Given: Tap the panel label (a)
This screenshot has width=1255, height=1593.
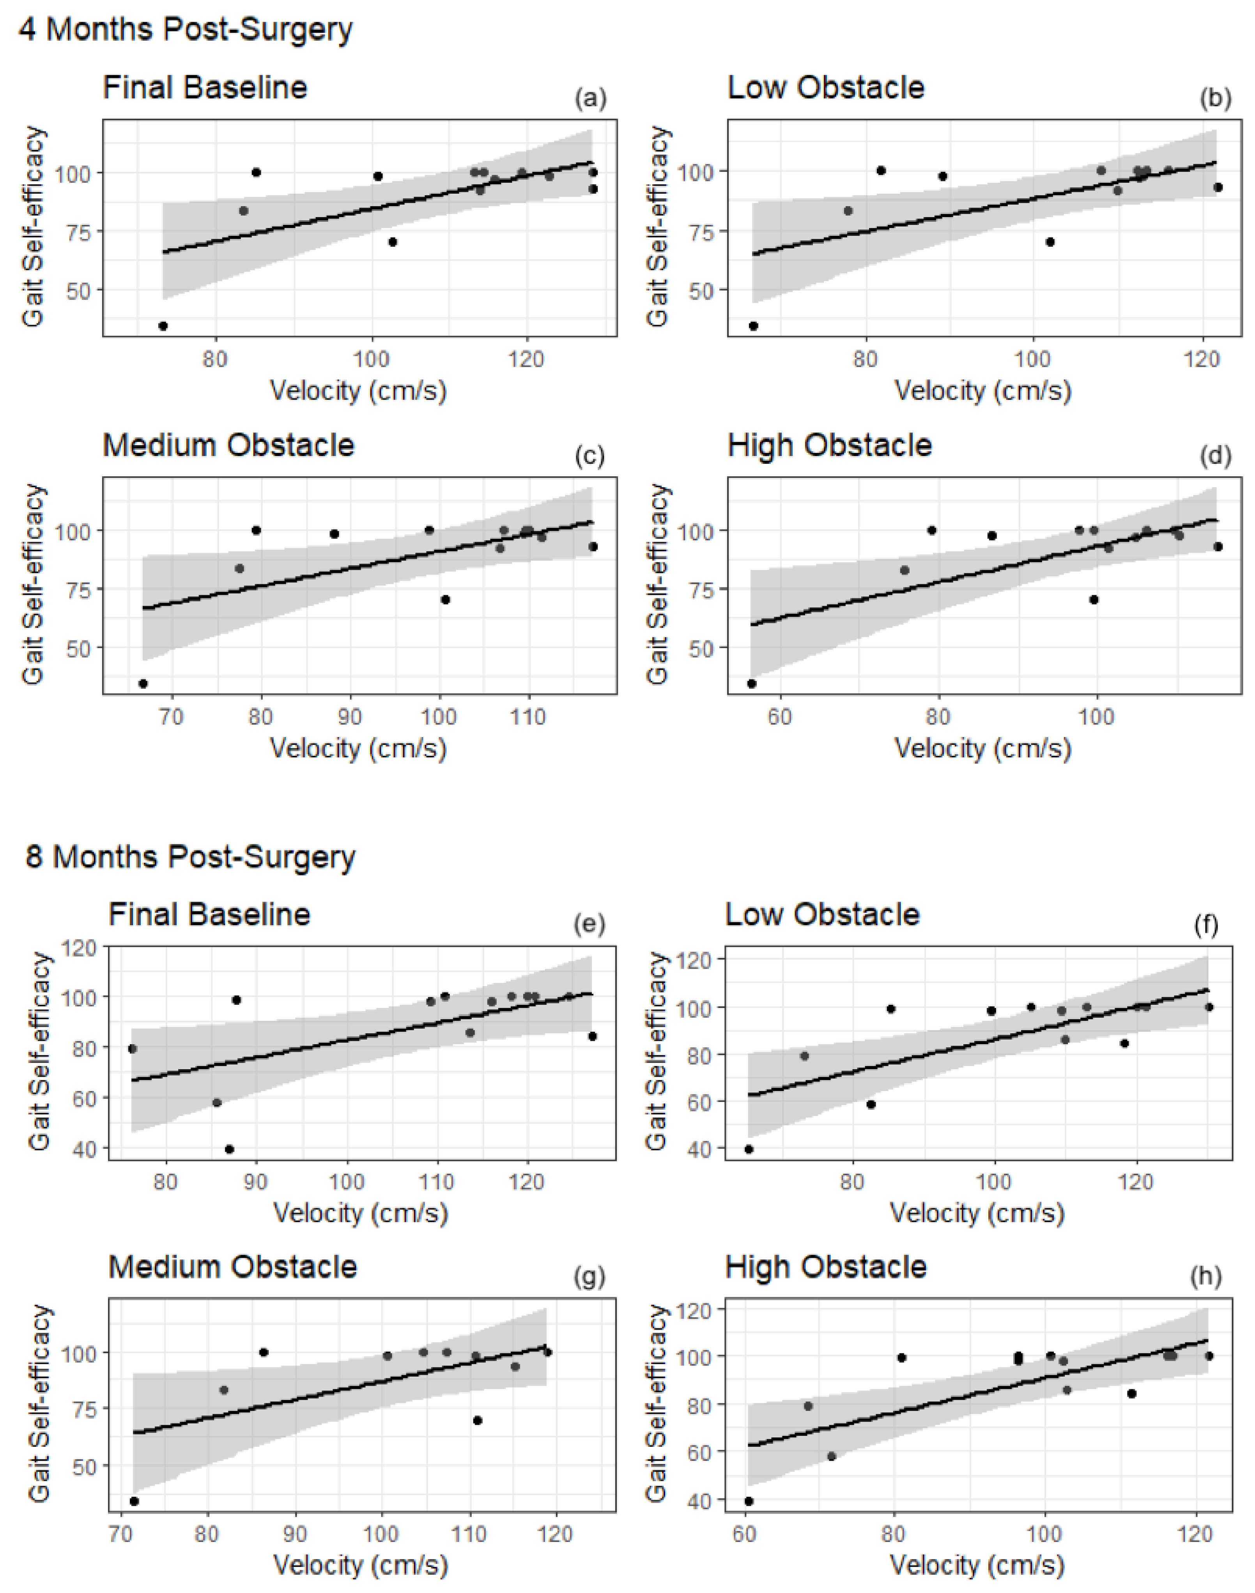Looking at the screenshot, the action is coord(591,98).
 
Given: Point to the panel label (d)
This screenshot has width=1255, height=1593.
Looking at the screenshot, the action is coord(1215,456).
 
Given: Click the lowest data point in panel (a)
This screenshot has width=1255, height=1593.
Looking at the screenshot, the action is coord(163,326).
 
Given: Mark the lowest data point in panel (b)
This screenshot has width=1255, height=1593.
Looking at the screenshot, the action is coord(753,326).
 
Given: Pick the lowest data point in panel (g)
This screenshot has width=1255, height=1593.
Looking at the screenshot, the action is coord(134,1501).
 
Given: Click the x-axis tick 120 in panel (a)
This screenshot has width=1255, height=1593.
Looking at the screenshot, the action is coord(526,359).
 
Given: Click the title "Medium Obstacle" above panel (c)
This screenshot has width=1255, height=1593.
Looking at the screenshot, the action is coord(228,445).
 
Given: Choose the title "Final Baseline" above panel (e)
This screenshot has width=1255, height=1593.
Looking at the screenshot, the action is coord(209,914).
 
